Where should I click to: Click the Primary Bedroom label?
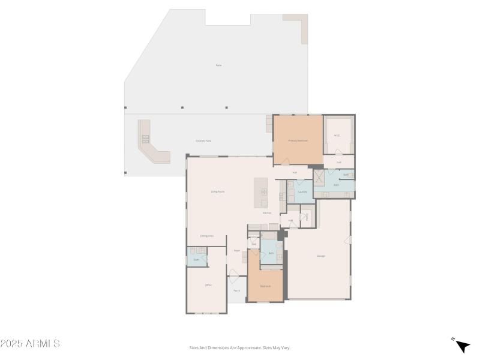pyautogui.click(x=298, y=140)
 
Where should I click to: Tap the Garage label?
pyautogui.click(x=321, y=256)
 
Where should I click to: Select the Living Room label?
pyautogui.click(x=217, y=191)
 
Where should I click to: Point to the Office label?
pyautogui.click(x=208, y=285)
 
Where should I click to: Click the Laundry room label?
pyautogui.click(x=302, y=192)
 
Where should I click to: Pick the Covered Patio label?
pyautogui.click(x=203, y=140)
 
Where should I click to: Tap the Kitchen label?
pyautogui.click(x=267, y=213)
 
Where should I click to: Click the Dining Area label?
pyautogui.click(x=207, y=236)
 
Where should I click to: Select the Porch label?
pyautogui.click(x=236, y=290)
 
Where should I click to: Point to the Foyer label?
pyautogui.click(x=236, y=251)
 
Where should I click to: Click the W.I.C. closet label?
pyautogui.click(x=337, y=136)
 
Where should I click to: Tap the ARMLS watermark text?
pyautogui.click(x=30, y=344)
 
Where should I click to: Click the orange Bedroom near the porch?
pyautogui.click(x=265, y=286)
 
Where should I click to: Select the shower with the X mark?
pyautogui.click(x=319, y=178)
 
